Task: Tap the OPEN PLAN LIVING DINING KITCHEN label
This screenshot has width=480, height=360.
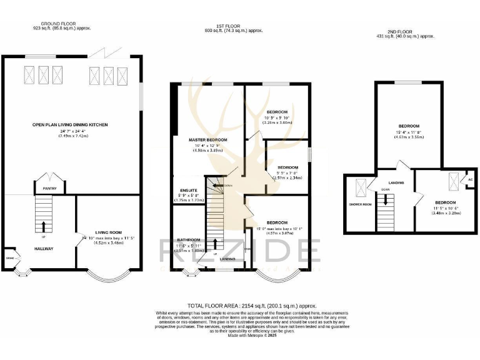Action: click(70, 125)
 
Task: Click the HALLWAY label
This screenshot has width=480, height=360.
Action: click(44, 249)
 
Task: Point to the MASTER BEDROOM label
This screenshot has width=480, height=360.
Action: click(207, 140)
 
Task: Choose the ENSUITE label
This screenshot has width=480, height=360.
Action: click(189, 189)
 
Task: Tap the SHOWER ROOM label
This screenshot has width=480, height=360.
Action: click(360, 204)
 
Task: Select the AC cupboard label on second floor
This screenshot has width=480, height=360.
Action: click(470, 179)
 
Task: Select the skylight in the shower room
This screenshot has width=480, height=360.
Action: click(361, 187)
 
